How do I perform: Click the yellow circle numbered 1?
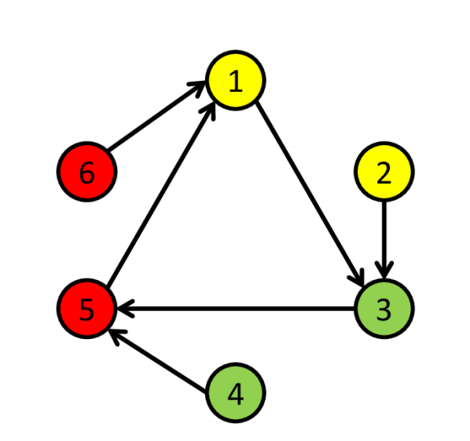tap(235, 80)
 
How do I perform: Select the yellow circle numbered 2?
tap(384, 172)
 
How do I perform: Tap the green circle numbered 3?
tap(384, 309)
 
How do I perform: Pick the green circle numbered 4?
tap(235, 392)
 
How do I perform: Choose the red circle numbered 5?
tap(87, 309)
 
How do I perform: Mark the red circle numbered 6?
tap(87, 172)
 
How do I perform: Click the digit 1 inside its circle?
tap(235, 81)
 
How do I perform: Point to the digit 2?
tap(384, 173)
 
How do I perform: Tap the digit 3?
tap(384, 310)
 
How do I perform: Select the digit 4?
tap(235, 393)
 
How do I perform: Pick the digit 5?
tap(87, 310)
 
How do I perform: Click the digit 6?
tap(87, 173)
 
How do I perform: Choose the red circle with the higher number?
tap(87, 172)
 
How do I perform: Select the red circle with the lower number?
tap(87, 309)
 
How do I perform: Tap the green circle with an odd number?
tap(384, 309)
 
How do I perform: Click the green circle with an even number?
tap(235, 392)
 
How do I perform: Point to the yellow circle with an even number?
tap(384, 172)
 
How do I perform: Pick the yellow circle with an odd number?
tap(235, 80)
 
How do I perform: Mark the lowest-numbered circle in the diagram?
tap(235, 80)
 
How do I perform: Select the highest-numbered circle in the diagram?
tap(87, 172)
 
